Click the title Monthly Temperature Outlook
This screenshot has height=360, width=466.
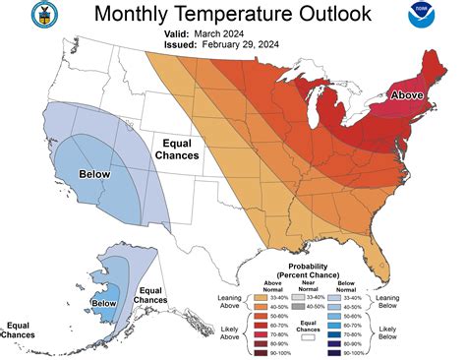[x=232, y=15]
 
